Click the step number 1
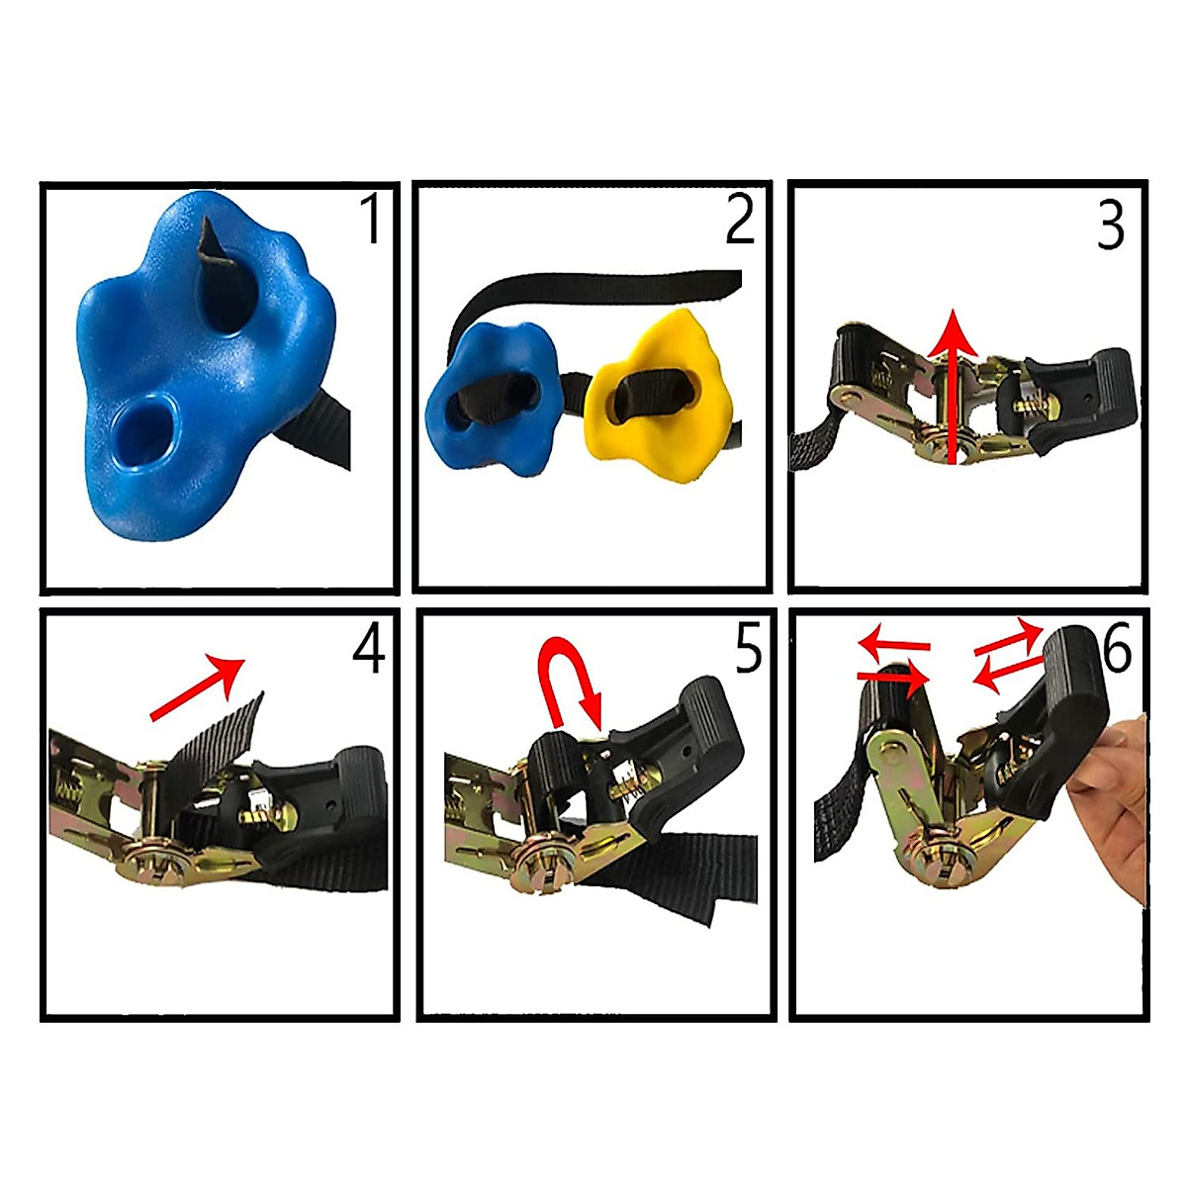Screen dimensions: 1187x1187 pyautogui.click(x=371, y=219)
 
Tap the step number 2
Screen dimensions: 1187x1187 pyautogui.click(x=740, y=219)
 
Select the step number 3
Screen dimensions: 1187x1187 pyautogui.click(x=1111, y=227)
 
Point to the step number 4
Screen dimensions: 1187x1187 pyautogui.click(x=368, y=650)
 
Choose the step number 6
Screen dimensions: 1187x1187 pyautogui.click(x=1117, y=650)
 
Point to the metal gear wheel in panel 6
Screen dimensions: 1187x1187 pyautogui.click(x=935, y=855)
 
